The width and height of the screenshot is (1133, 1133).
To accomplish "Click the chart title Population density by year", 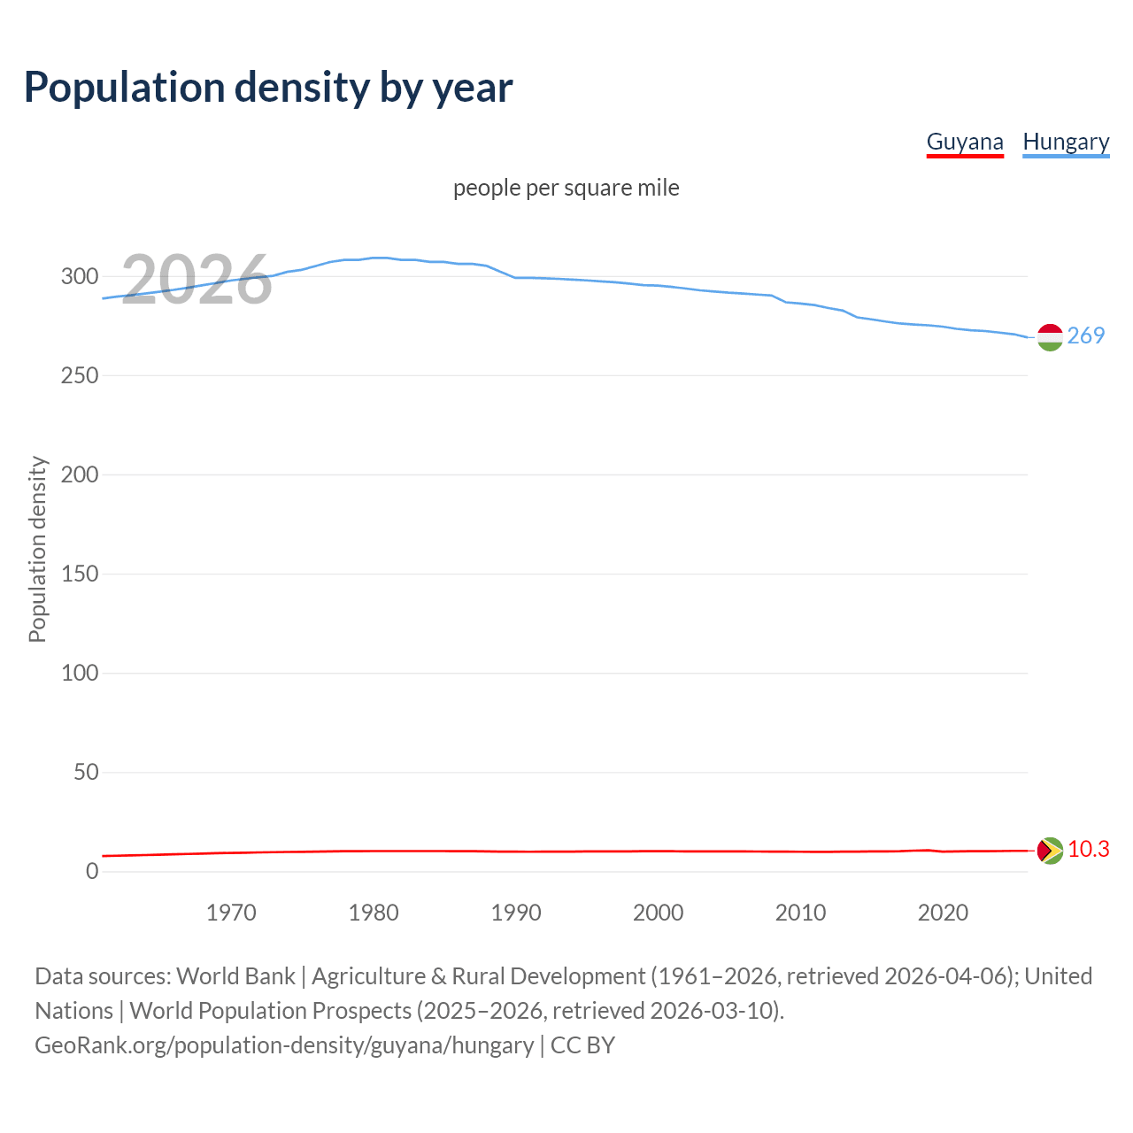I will pyautogui.click(x=268, y=88).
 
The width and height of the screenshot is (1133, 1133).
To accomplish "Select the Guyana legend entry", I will pyautogui.click(x=965, y=142).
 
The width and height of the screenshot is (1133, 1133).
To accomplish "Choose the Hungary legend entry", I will pyautogui.click(x=1066, y=142).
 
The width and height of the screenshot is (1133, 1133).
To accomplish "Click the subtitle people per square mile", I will pyautogui.click(x=566, y=188).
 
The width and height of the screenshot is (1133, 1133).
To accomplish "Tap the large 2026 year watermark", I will pyautogui.click(x=196, y=280).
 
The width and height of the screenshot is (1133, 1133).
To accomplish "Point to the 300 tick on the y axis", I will pyautogui.click(x=80, y=276).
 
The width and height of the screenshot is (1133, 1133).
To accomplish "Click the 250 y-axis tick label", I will pyautogui.click(x=80, y=375).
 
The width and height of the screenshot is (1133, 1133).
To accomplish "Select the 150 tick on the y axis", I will pyautogui.click(x=80, y=574).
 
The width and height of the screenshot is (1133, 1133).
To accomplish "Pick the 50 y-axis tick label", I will pyautogui.click(x=86, y=772).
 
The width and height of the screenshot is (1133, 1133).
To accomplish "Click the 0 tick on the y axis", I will pyautogui.click(x=92, y=871).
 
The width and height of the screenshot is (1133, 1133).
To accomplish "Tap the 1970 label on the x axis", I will pyautogui.click(x=231, y=913).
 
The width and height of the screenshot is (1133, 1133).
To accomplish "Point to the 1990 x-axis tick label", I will pyautogui.click(x=516, y=913).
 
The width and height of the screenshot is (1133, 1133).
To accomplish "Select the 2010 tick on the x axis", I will pyautogui.click(x=800, y=913).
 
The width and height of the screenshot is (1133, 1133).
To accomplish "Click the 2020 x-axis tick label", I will pyautogui.click(x=943, y=913).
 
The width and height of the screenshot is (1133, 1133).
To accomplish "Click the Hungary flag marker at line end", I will pyautogui.click(x=1050, y=337).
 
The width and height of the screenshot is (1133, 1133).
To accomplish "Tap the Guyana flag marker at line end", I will pyautogui.click(x=1050, y=851).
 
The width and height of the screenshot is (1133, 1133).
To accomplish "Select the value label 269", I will pyautogui.click(x=1086, y=335).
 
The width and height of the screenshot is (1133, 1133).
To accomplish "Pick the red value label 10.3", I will pyautogui.click(x=1088, y=849).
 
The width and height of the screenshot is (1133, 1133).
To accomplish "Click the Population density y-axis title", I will pyautogui.click(x=37, y=549).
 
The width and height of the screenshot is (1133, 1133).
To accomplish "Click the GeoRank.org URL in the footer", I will pyautogui.click(x=284, y=1045).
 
